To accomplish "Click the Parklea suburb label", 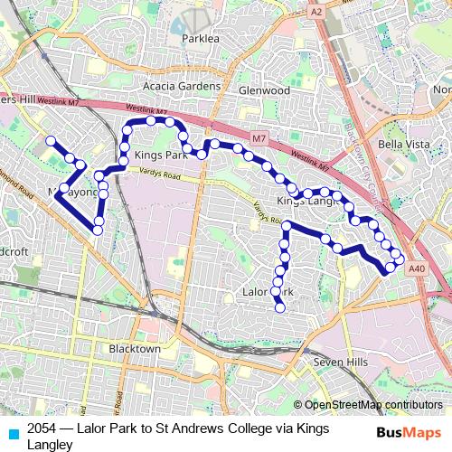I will pyautogui.click(x=200, y=39).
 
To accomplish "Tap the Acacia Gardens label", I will pyautogui.click(x=182, y=87).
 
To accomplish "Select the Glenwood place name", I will pyautogui.click(x=264, y=91).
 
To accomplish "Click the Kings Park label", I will pyautogui.click(x=160, y=155).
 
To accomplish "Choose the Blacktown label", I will pyautogui.click(x=134, y=349).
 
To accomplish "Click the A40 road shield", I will pyautogui.click(x=417, y=268).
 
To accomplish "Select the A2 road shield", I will pyautogui.click(x=315, y=13).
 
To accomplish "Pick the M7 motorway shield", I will pyautogui.click(x=259, y=138).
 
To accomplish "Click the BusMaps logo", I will pyautogui.click(x=409, y=432).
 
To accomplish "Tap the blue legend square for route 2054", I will pyautogui.click(x=11, y=432).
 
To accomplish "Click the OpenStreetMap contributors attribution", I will pyautogui.click(x=372, y=405).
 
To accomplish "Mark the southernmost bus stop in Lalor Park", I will pyautogui.click(x=280, y=308).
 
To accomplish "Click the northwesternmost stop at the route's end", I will pyautogui.click(x=52, y=141).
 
